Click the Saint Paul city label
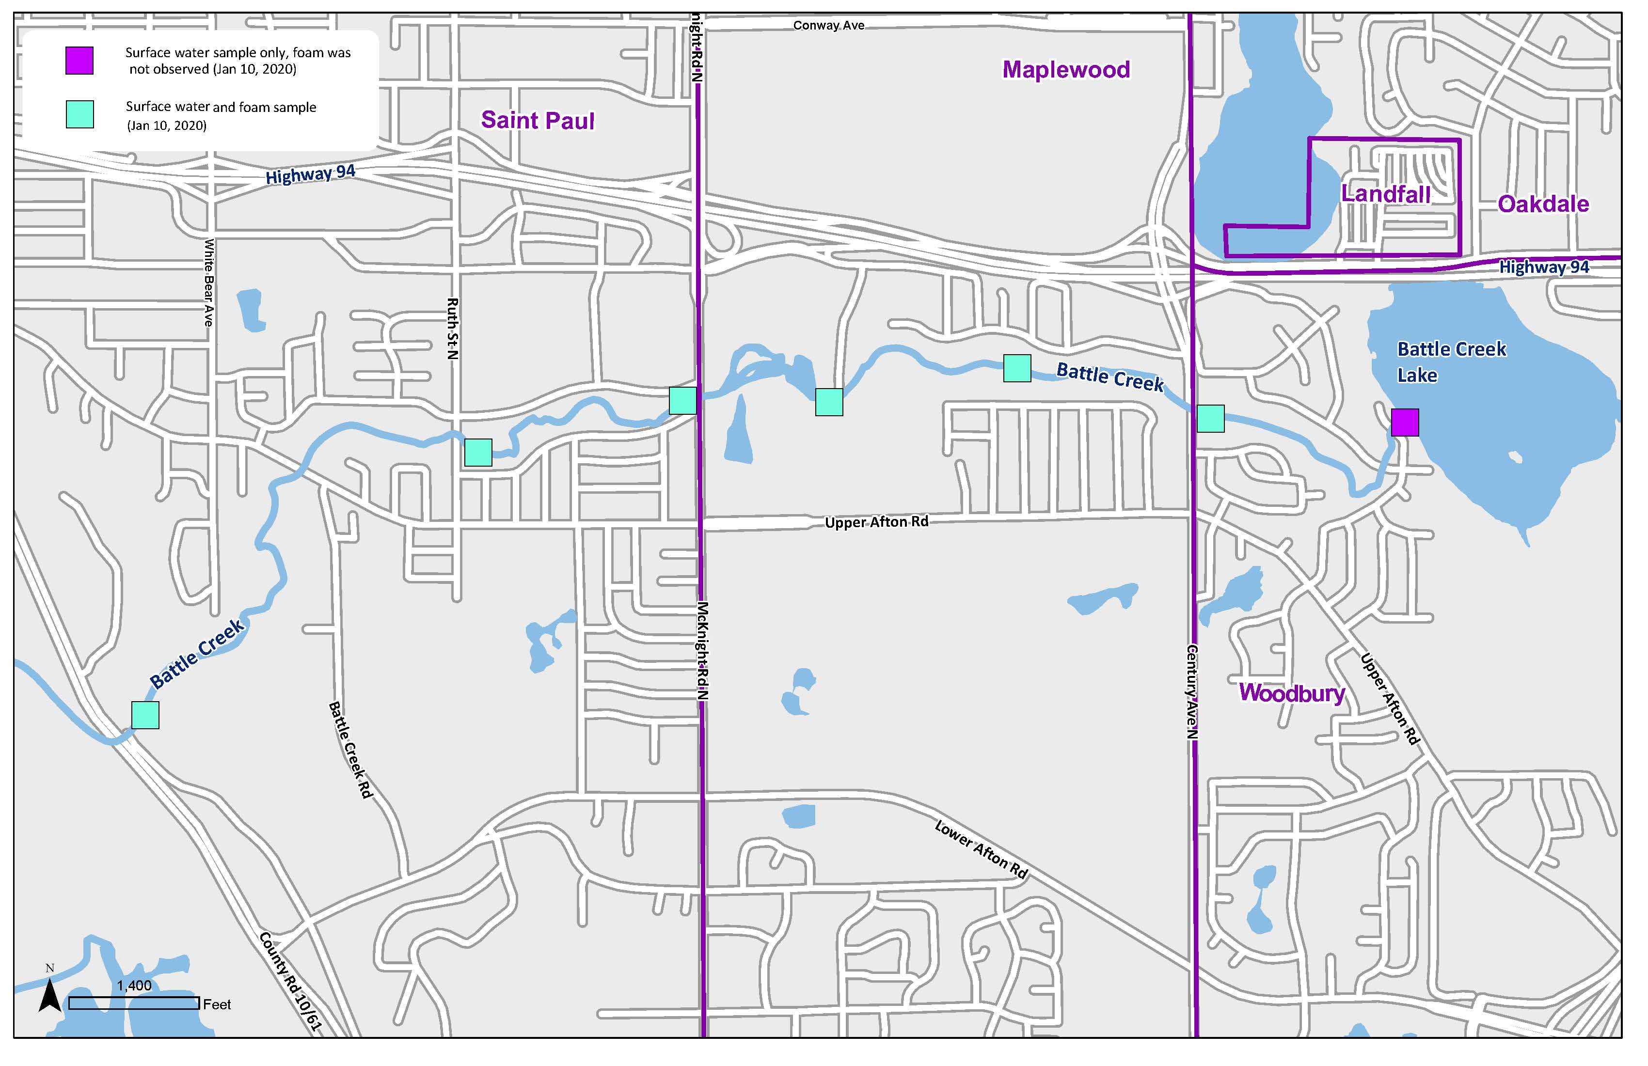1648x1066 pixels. point(538,121)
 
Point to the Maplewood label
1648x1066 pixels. point(1066,69)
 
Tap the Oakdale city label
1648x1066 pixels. point(1543,204)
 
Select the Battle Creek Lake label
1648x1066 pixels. point(1451,361)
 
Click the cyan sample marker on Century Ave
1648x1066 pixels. point(1210,418)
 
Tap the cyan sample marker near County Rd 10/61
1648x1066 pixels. point(145,715)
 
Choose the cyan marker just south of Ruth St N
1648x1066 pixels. point(478,452)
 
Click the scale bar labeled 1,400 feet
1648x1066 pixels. point(134,1003)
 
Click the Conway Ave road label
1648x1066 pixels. point(828,26)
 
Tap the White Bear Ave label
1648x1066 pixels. point(208,282)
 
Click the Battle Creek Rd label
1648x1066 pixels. point(351,750)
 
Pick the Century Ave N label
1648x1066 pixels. point(1192,691)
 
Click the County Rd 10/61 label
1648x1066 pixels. point(291,982)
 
